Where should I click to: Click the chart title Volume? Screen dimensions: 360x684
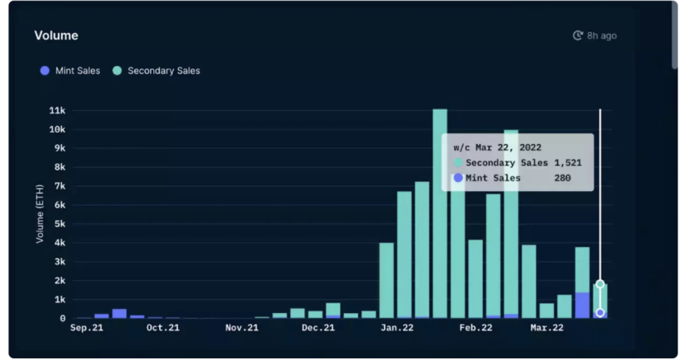(x=56, y=36)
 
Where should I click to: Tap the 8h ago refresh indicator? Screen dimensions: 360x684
(x=595, y=36)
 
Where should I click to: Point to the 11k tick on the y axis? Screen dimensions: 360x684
(x=58, y=110)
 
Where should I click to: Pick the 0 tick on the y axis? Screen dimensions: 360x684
(x=63, y=318)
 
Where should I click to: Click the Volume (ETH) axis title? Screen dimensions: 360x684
(x=40, y=214)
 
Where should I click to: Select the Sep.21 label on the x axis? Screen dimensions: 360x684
(x=87, y=328)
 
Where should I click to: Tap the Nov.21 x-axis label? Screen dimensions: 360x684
(x=241, y=328)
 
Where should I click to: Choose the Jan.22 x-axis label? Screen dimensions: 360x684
(x=396, y=328)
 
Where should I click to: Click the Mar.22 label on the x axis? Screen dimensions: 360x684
(x=546, y=328)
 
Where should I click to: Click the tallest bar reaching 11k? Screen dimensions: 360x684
(x=440, y=214)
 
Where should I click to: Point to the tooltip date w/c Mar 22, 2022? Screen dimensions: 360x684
(x=497, y=147)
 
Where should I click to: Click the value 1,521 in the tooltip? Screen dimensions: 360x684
(x=568, y=162)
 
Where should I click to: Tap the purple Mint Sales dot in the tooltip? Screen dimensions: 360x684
(x=458, y=177)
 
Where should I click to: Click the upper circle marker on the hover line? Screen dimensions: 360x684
(x=600, y=284)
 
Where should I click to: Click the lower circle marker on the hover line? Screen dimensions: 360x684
(x=600, y=313)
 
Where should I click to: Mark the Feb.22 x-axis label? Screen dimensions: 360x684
(x=475, y=328)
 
